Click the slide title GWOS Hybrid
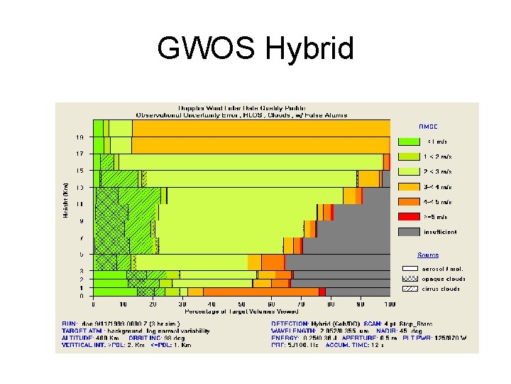pos(255,49)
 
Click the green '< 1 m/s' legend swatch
pos(408,141)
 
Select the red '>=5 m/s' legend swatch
pos(408,216)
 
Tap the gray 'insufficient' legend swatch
pos(408,232)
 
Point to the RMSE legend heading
pos(428,127)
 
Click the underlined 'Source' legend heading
pos(428,255)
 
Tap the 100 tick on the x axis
pos(390,304)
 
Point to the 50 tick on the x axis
pos(241,304)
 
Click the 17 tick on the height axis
pos(81,153)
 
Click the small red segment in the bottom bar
pos(322,292)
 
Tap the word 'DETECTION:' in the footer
pos(290,323)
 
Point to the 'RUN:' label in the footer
pos(69,323)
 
